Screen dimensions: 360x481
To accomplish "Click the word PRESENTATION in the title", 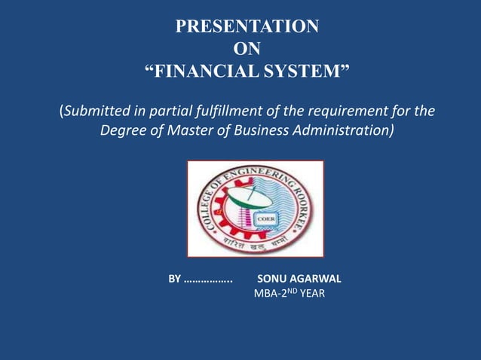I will click(x=247, y=27).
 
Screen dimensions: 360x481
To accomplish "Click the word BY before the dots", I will click(x=174, y=279).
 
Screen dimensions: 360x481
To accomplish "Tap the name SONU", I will click(x=273, y=279).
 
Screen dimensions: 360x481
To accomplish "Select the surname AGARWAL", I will click(x=316, y=279).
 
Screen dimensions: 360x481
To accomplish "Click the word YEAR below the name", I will click(x=312, y=294).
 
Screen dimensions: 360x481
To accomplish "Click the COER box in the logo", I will click(x=267, y=218).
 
